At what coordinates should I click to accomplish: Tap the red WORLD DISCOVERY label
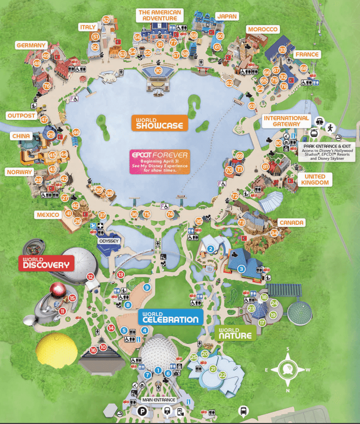(x=47, y=263)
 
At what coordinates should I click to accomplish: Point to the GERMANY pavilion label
(x=31, y=46)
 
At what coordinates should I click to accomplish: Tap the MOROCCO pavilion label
(x=263, y=30)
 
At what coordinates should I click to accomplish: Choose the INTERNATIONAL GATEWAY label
(x=286, y=121)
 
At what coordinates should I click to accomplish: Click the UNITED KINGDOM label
(x=315, y=179)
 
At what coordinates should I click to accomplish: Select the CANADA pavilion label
(x=292, y=223)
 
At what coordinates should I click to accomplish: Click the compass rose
(x=288, y=369)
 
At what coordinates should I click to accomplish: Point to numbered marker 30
(x=158, y=70)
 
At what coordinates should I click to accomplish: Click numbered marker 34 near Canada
(x=274, y=233)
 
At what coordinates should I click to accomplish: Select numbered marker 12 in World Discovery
(x=90, y=276)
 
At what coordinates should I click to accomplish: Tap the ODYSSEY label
(x=108, y=240)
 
